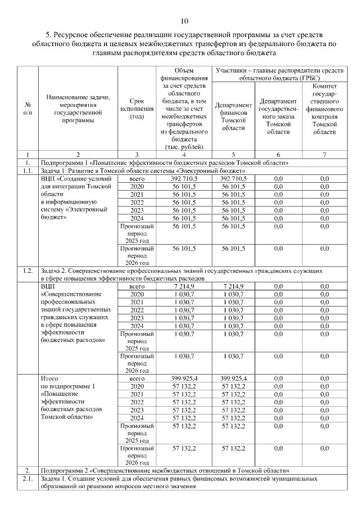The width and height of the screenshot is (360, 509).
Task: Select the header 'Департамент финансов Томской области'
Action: [x=233, y=116]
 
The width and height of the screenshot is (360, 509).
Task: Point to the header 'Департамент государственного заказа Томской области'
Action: [x=278, y=116]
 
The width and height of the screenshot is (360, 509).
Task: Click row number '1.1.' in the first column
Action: [x=28, y=170]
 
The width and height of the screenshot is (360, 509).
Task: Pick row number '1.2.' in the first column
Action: [x=28, y=271]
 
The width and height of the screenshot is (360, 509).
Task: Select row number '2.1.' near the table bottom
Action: [x=28, y=478]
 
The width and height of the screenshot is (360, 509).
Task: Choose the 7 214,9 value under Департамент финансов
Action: [x=233, y=286]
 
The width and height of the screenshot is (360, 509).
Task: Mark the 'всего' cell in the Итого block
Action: [x=137, y=379]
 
